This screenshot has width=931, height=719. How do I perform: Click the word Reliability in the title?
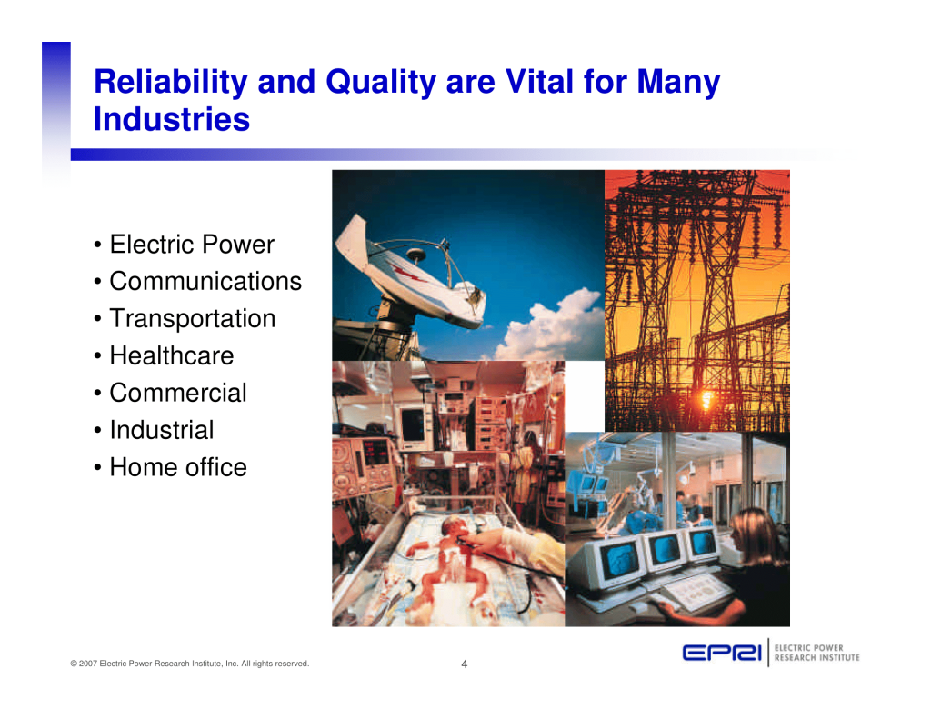point(170,83)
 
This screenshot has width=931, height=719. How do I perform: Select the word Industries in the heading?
point(172,119)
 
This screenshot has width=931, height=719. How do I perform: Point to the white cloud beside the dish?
point(549,326)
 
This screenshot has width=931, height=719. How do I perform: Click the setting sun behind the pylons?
point(707,398)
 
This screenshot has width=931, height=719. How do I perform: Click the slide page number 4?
point(465,664)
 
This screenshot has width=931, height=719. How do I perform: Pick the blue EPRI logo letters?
point(722,653)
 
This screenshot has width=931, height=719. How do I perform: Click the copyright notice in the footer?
point(190,664)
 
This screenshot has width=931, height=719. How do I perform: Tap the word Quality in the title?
point(381,83)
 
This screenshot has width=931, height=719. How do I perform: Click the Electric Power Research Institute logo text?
point(817,653)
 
